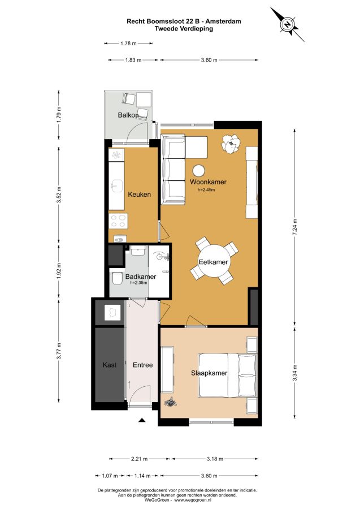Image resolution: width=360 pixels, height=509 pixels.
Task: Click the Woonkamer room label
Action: coord(208,182)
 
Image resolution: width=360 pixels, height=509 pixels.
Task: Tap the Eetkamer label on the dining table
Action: coord(213,262)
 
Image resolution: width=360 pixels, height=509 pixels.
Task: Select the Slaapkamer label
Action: coord(209,373)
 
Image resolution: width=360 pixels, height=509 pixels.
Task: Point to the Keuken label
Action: coord(139,195)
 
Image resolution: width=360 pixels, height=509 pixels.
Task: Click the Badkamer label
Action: coord(140,277)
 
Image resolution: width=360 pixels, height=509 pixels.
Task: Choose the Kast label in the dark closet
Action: coord(110,365)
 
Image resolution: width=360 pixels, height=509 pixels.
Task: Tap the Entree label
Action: coord(143,365)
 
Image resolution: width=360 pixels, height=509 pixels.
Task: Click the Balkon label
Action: coord(128,115)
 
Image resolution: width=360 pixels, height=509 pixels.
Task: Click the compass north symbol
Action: coord(287,24)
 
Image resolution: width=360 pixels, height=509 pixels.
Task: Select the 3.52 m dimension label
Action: coord(59,195)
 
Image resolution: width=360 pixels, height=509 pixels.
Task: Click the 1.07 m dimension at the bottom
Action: coord(110,476)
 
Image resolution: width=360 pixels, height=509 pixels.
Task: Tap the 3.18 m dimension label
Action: coord(215,459)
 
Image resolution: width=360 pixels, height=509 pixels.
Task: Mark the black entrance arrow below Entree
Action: coord(141,420)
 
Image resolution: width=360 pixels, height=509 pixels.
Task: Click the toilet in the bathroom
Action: coord(116,278)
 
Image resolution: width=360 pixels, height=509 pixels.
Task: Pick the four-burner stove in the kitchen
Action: coord(118,221)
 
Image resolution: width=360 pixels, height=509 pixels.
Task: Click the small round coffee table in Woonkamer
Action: coord(198,171)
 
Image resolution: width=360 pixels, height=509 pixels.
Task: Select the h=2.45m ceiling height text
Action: coord(206,190)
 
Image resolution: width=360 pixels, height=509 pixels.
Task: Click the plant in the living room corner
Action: coord(231,143)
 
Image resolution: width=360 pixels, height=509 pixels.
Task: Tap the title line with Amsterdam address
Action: coord(184,21)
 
